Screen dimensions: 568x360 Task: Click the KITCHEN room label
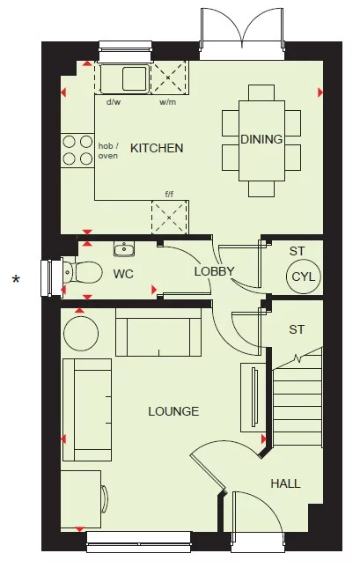click(x=157, y=148)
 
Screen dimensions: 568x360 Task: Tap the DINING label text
click(x=261, y=139)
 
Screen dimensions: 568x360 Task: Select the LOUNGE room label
click(x=173, y=411)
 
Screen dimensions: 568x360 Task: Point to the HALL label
click(x=285, y=483)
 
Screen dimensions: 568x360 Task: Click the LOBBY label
click(x=215, y=271)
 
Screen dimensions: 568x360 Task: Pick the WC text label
click(x=123, y=274)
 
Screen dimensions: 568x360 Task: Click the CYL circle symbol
click(x=304, y=277)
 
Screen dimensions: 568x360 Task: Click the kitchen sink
click(x=124, y=79)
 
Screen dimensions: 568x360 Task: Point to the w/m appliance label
click(x=167, y=102)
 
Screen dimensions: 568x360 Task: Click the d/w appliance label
click(x=114, y=102)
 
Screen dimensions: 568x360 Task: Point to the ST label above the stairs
click(x=297, y=329)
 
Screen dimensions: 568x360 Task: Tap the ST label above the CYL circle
click(x=297, y=251)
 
